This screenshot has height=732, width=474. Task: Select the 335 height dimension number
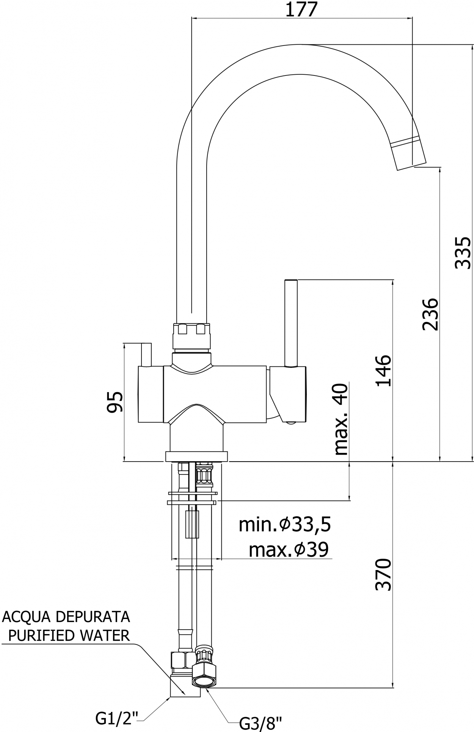[463, 253]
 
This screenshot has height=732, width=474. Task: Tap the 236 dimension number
[430, 314]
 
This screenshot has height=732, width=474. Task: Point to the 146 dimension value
[383, 370]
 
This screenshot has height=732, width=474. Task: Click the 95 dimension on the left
[115, 402]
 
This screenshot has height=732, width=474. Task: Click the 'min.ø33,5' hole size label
[285, 524]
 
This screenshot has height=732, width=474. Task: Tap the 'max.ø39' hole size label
[289, 549]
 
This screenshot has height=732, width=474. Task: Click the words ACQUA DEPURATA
[66, 617]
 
